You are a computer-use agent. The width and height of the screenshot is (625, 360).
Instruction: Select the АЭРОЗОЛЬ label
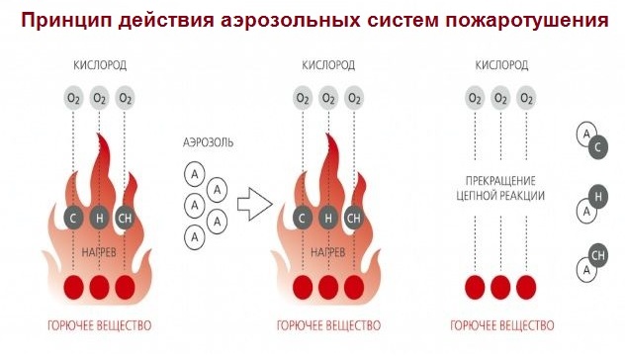(209, 142)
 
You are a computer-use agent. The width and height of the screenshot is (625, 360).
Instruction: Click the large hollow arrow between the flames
(254, 202)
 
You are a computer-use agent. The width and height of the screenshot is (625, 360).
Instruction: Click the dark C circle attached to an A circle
(596, 147)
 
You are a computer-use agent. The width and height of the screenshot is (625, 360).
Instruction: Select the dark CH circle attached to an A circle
(597, 257)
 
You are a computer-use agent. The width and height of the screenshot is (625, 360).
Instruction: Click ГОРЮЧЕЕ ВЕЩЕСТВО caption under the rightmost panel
(501, 324)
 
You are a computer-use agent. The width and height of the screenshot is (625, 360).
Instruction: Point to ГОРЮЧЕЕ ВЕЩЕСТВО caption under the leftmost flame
(99, 324)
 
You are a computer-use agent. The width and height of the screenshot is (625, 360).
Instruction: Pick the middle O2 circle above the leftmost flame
(99, 99)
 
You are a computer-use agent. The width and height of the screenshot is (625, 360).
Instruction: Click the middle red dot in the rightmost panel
(500, 287)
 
